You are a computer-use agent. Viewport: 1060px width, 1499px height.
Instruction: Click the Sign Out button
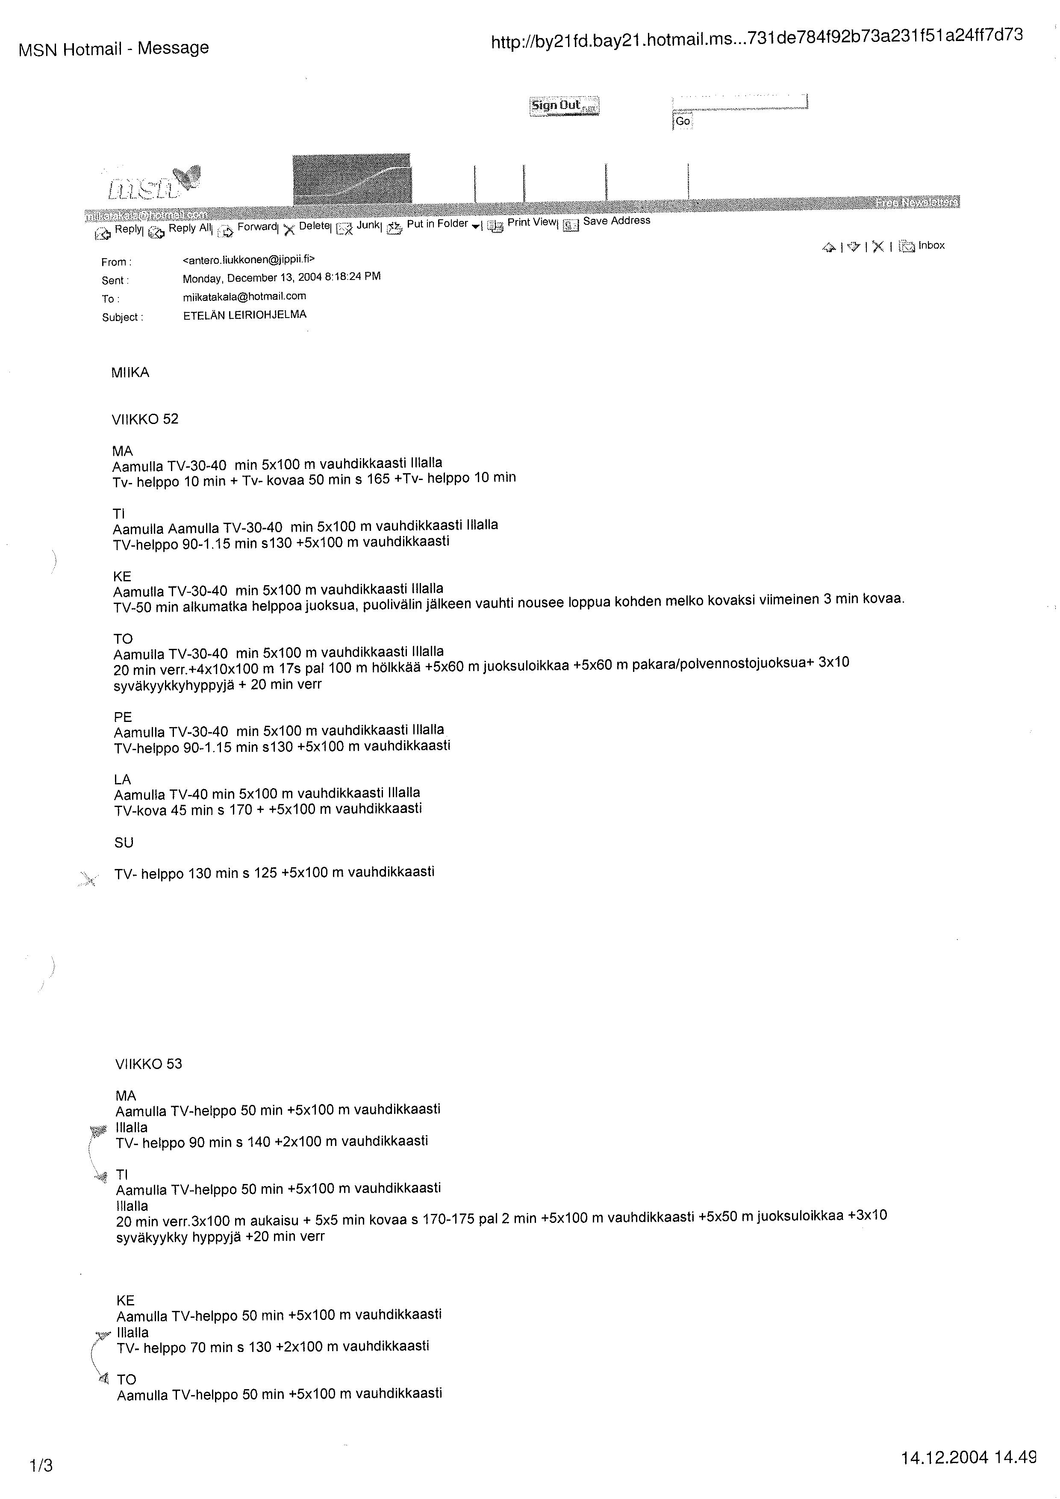563,106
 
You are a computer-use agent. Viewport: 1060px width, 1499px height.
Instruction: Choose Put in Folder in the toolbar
437,224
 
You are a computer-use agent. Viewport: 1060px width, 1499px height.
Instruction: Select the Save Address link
616,221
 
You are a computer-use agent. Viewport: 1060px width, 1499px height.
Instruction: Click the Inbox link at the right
931,245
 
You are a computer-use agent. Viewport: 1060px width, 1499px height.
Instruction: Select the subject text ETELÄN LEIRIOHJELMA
245,315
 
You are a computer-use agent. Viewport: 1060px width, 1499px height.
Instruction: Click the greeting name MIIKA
130,373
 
